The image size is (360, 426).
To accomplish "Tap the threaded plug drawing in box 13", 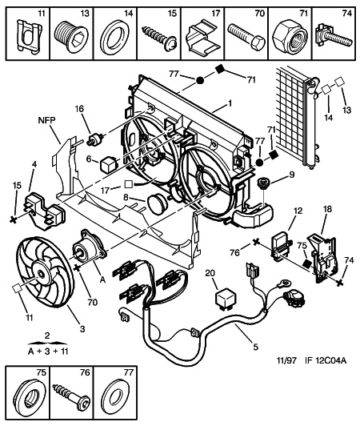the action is tap(72, 36).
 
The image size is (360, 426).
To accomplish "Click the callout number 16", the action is tap(79, 109).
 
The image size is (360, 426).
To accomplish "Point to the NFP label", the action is tap(46, 120).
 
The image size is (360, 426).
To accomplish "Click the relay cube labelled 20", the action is tap(225, 299).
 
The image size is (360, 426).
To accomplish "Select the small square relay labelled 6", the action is tap(109, 165).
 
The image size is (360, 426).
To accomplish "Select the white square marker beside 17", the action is tap(129, 184).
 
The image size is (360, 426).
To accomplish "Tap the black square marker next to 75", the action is tap(307, 263).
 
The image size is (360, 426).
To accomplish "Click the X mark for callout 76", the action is tap(255, 242).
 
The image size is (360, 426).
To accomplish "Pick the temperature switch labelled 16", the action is tap(95, 138).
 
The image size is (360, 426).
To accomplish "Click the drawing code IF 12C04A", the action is tap(326, 360).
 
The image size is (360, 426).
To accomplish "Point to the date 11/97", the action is tap(286, 360).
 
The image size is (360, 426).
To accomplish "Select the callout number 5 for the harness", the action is tap(255, 347).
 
